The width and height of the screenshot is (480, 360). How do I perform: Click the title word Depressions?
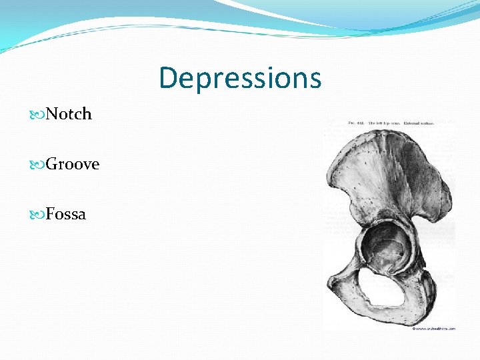tap(240, 78)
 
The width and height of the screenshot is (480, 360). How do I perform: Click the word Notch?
tap(69, 114)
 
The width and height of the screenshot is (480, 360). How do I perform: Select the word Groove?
tap(73, 164)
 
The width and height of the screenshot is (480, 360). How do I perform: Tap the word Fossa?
tap(66, 214)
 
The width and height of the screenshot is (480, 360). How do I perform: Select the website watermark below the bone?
tap(434, 328)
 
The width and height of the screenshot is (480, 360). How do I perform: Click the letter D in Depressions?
tap(168, 78)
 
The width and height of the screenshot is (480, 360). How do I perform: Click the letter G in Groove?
tap(53, 164)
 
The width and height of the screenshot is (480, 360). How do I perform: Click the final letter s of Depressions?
tap(315, 79)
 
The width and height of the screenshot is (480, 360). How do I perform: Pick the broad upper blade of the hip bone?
tap(387, 173)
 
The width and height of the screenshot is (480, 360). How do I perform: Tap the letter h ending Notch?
tap(87, 114)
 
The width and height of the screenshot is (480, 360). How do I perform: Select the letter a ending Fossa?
tap(81, 215)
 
